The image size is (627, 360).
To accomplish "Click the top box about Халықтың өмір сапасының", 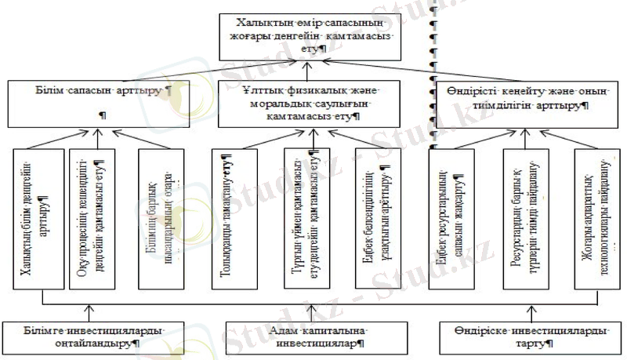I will (x=314, y=35).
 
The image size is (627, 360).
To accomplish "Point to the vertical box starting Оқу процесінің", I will (x=92, y=216).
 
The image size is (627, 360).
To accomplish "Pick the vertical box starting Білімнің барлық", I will (x=162, y=216).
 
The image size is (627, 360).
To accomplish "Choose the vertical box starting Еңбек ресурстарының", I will (x=448, y=216).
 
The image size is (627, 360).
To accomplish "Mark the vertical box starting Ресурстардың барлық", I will (x=522, y=216).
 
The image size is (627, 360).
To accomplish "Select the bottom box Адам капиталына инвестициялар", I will (x=311, y=337).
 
